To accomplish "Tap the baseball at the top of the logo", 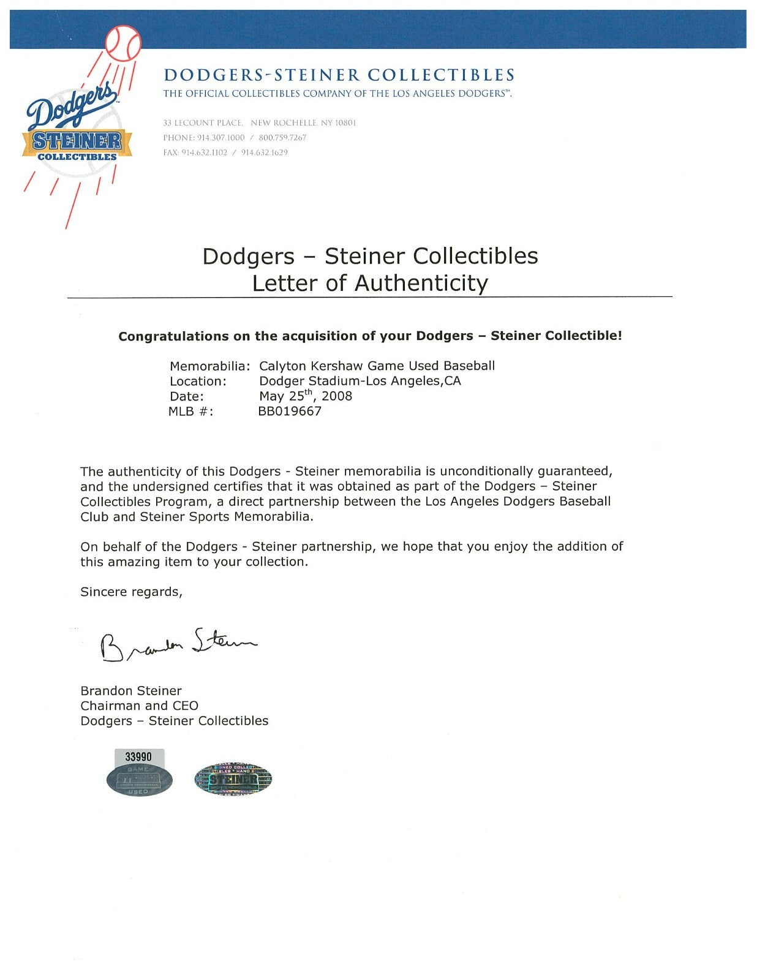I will [x=123, y=42].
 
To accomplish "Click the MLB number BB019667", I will [x=290, y=411].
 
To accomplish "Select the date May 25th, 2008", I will [x=306, y=396].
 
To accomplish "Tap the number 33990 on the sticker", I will [x=138, y=757].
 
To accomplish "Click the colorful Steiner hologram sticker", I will [x=233, y=780].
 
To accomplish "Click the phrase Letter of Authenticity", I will [x=370, y=283].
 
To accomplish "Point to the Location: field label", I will [x=198, y=381].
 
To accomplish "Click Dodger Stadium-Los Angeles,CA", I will [x=360, y=381].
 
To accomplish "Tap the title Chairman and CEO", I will [x=139, y=706].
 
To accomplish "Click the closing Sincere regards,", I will [x=131, y=592].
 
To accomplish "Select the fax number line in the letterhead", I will [x=225, y=153].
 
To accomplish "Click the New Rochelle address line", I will [x=259, y=123].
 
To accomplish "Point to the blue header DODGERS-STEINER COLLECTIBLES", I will [x=339, y=75].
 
